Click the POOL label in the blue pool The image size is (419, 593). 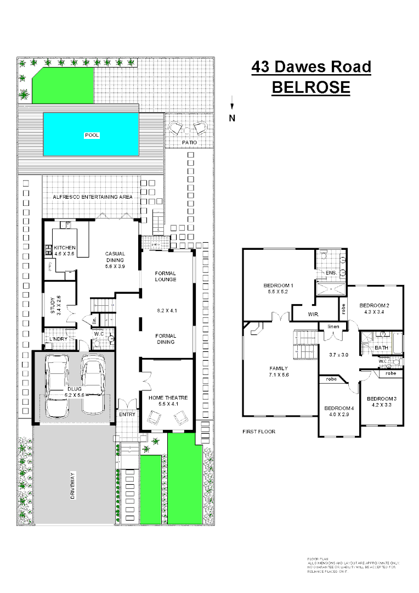pos(92,135)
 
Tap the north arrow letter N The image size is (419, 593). pos(232,118)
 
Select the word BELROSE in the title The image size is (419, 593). pos(311,87)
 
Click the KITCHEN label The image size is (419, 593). pos(64,248)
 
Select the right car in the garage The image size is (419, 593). pos(93,383)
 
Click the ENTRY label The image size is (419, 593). pos(127,415)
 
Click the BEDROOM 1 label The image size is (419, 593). pos(279,286)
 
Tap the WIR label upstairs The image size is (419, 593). pos(314,315)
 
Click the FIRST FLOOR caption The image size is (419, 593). pos(258,432)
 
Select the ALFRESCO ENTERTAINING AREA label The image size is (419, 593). pos(93,197)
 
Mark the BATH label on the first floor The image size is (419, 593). pos(381,348)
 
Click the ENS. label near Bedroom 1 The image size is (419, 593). pos(330,272)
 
